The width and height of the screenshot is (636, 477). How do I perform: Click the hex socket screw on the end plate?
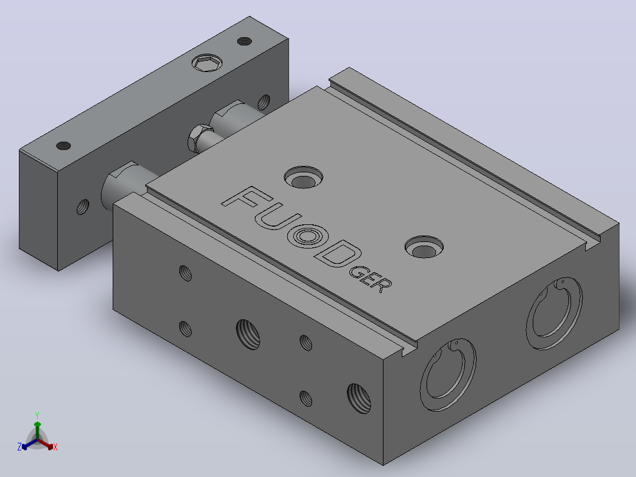pyautogui.click(x=207, y=63)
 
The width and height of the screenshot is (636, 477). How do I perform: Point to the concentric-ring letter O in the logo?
pyautogui.click(x=308, y=236)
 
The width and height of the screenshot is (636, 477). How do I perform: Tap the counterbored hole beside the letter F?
pyautogui.click(x=303, y=178)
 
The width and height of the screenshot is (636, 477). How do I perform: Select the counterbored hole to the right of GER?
pyautogui.click(x=424, y=247)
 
